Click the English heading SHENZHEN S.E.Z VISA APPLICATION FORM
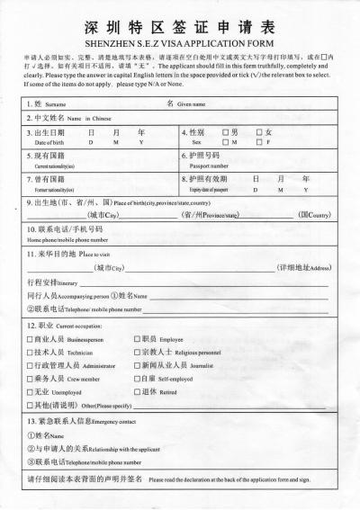click(181, 42)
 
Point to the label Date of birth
click(50, 143)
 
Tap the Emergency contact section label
click(112, 421)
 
